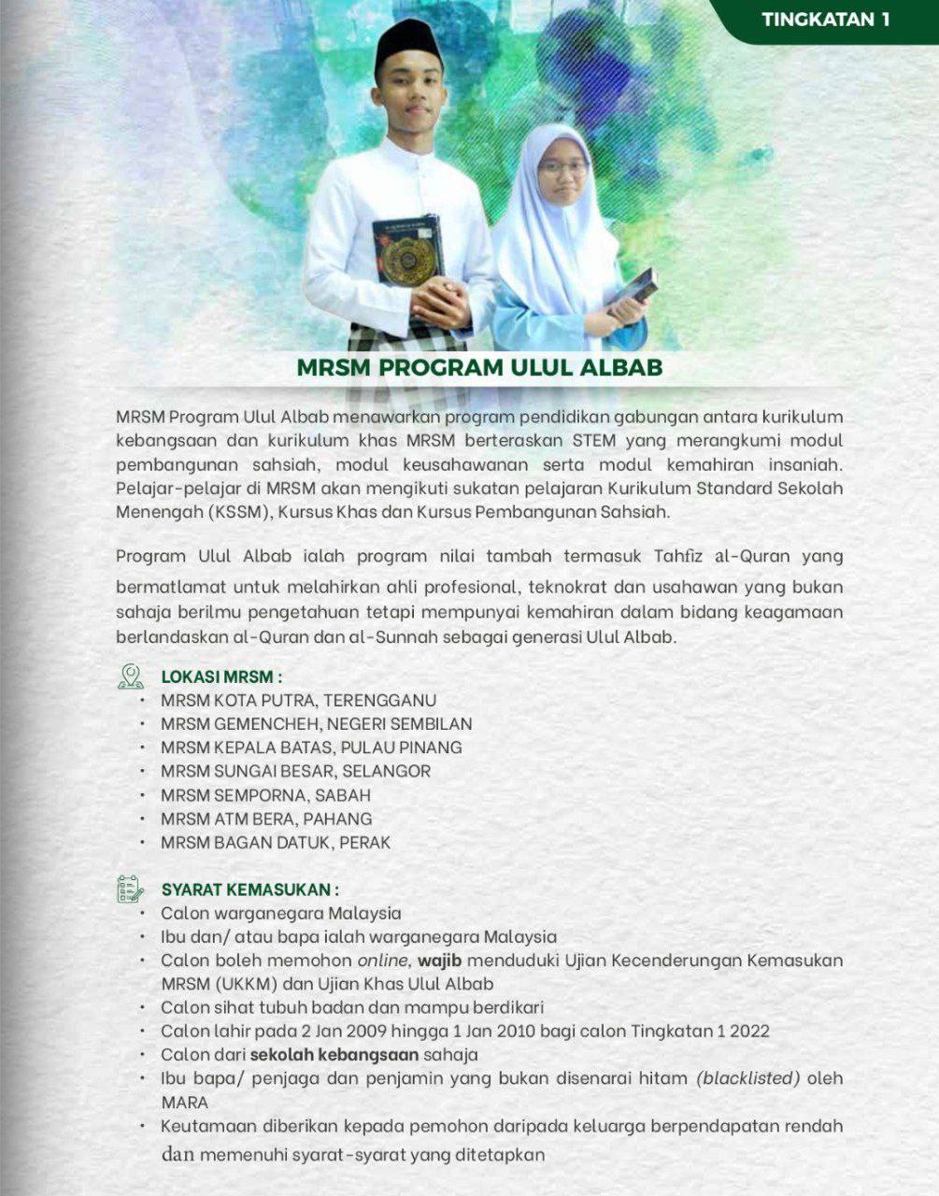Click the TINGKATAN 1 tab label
826,20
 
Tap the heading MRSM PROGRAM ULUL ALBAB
479,366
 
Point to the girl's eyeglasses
562,168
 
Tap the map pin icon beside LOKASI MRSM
131,676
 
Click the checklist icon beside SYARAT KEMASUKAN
131,889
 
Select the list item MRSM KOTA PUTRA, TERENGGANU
298,700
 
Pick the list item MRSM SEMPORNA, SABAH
265,795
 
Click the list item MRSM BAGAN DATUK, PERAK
276,842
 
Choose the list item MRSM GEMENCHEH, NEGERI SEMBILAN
316,724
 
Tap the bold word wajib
442,961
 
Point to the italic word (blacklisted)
748,1078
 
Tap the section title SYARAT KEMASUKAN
249,889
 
